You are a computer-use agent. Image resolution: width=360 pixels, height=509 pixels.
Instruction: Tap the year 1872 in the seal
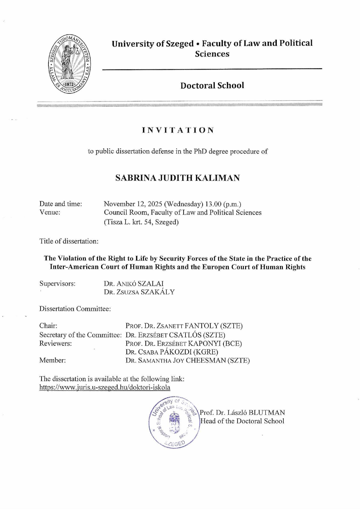click(x=69, y=84)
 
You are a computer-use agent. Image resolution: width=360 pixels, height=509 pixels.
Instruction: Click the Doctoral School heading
click(x=212, y=86)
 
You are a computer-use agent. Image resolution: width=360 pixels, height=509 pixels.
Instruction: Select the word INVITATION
click(x=178, y=130)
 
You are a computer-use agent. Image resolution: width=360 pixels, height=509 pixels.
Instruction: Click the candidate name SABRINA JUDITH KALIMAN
click(x=177, y=178)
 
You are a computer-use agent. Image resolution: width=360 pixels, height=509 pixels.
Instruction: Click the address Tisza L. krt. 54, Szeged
click(x=141, y=222)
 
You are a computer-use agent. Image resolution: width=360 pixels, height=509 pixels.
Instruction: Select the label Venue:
click(x=50, y=213)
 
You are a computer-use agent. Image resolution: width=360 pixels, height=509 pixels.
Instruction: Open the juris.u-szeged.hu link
click(x=105, y=387)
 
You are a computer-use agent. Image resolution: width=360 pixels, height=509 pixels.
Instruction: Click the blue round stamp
click(x=174, y=423)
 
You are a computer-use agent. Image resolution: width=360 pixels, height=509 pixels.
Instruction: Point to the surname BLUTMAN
click(x=267, y=412)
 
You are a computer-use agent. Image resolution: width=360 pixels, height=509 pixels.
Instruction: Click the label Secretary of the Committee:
click(x=80, y=335)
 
